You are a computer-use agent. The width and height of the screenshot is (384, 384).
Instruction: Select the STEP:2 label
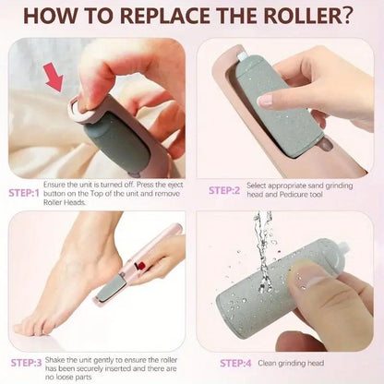[223, 189]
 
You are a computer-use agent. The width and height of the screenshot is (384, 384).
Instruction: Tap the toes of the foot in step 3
[28, 325]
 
